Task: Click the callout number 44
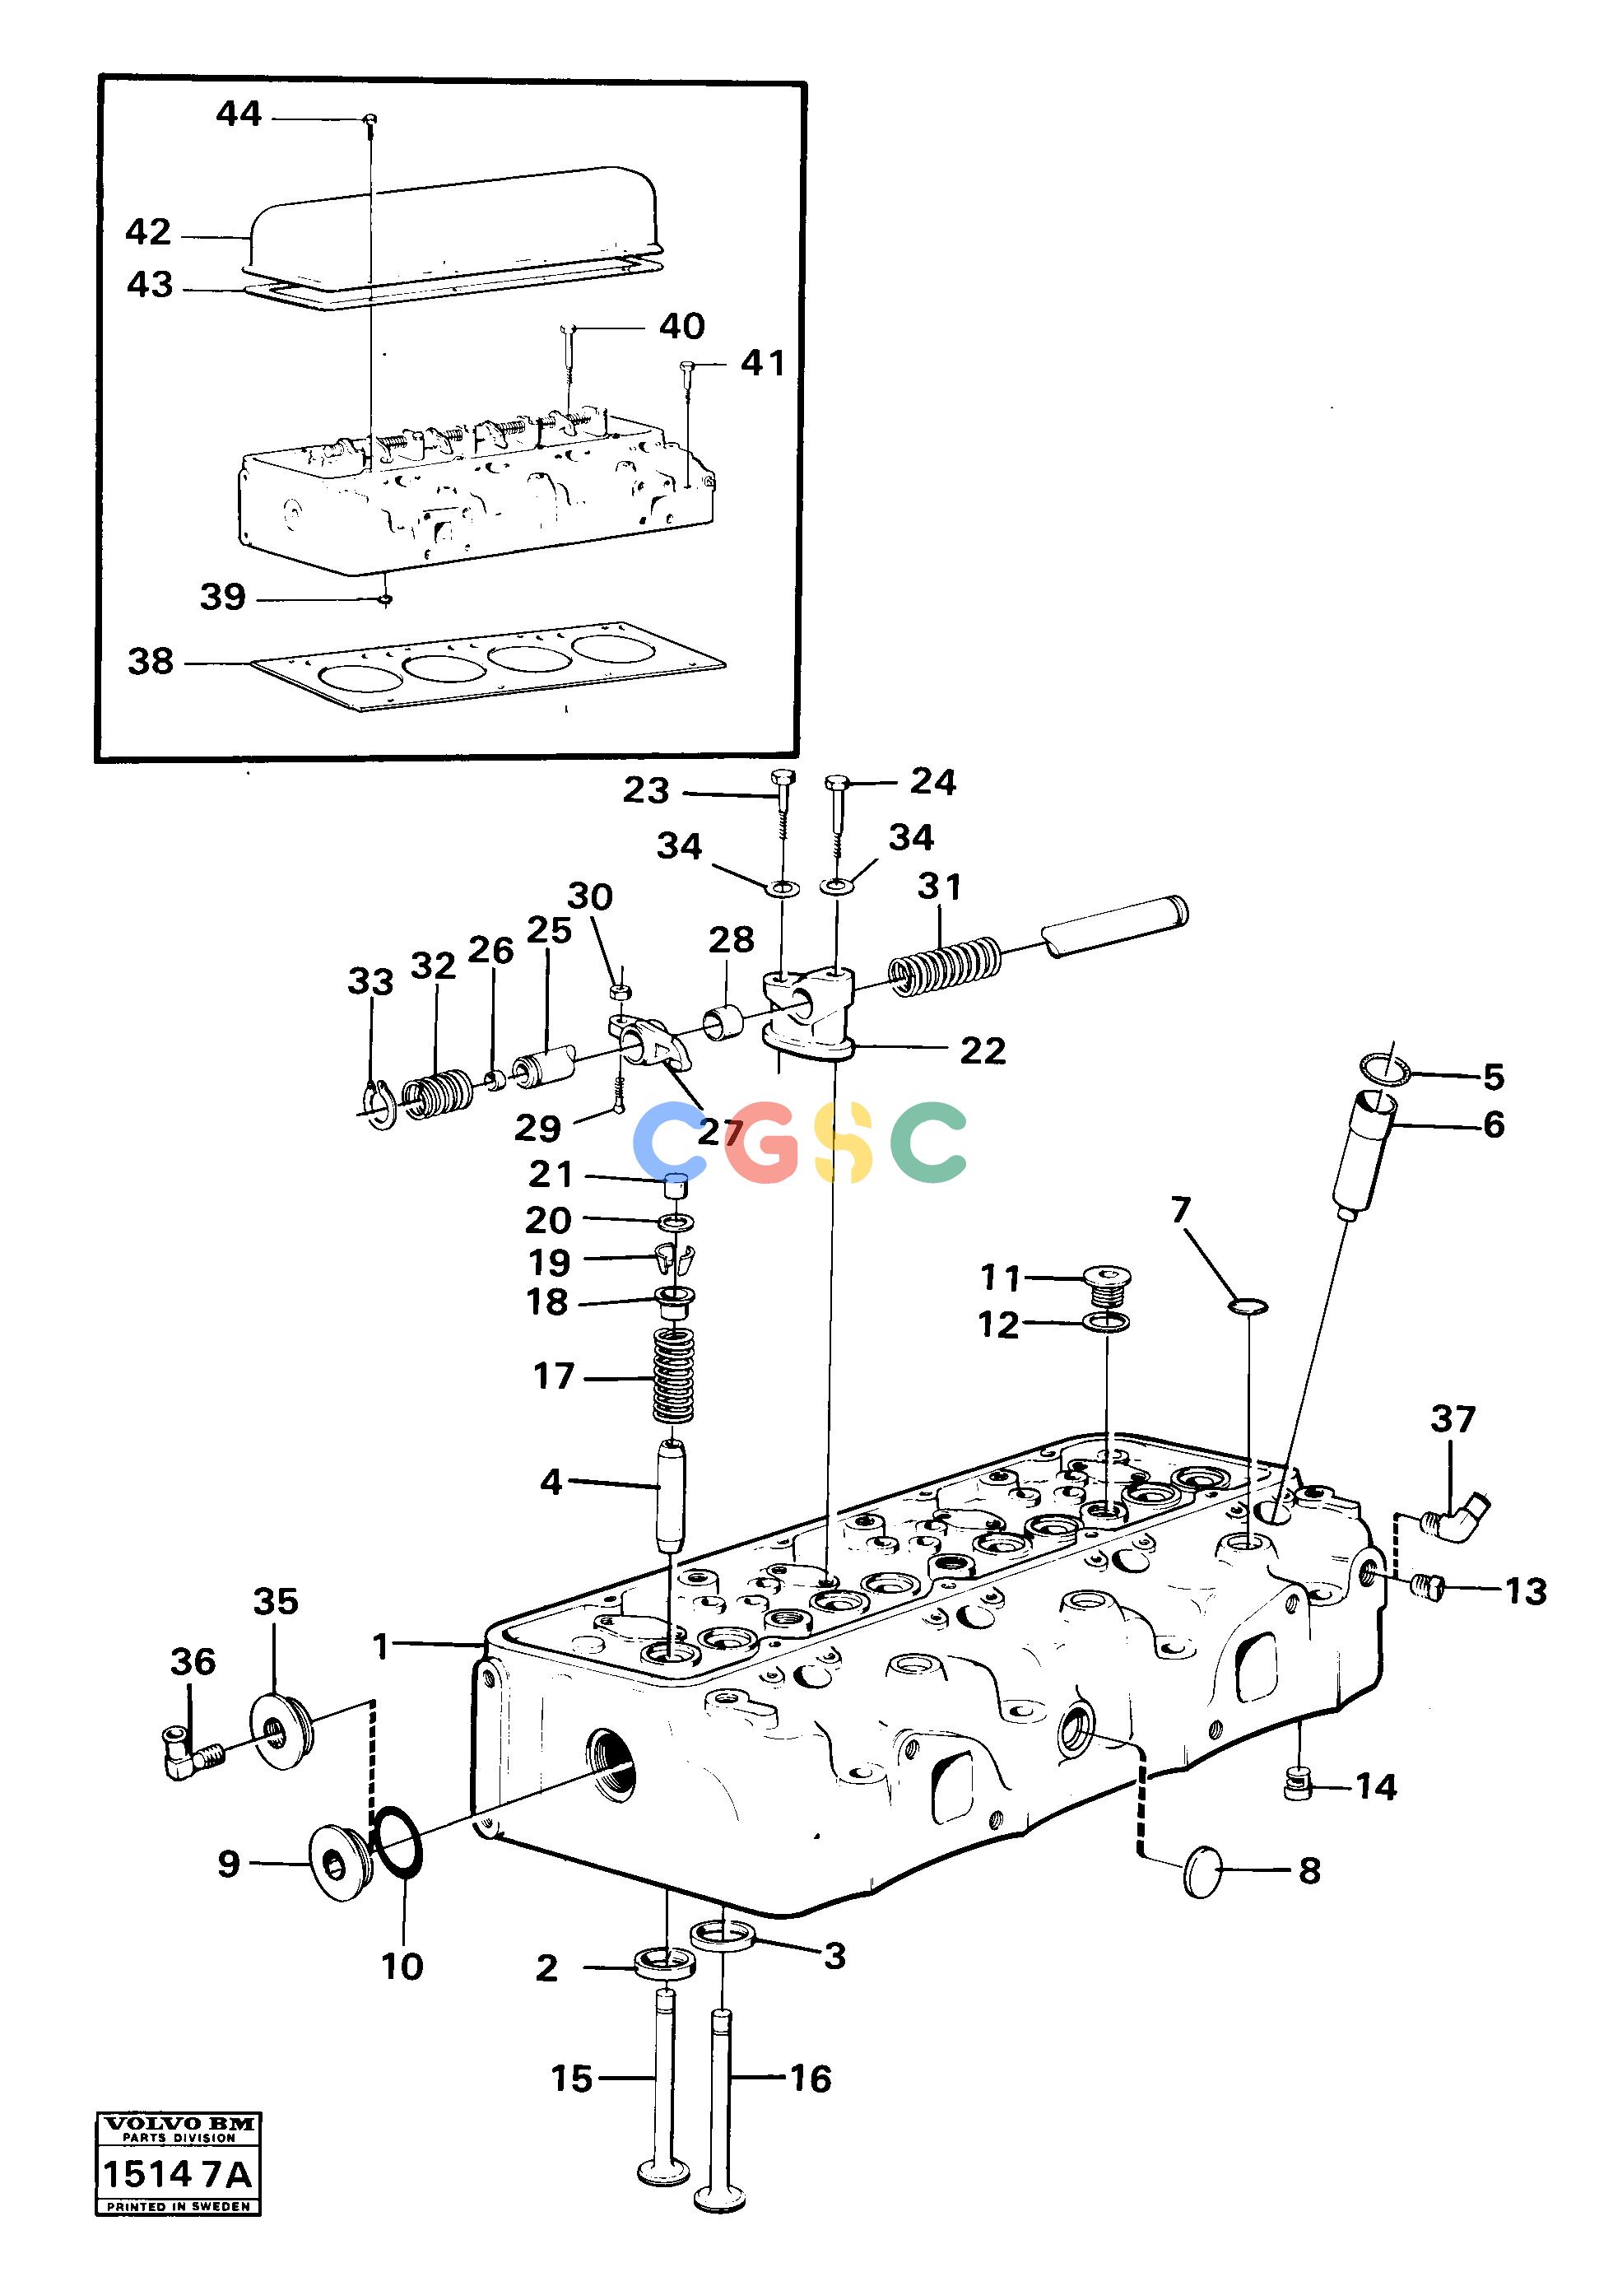click(239, 114)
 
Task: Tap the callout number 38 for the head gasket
click(151, 661)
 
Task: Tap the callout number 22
click(983, 1051)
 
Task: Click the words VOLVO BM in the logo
click(179, 2124)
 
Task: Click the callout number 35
click(276, 1601)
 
